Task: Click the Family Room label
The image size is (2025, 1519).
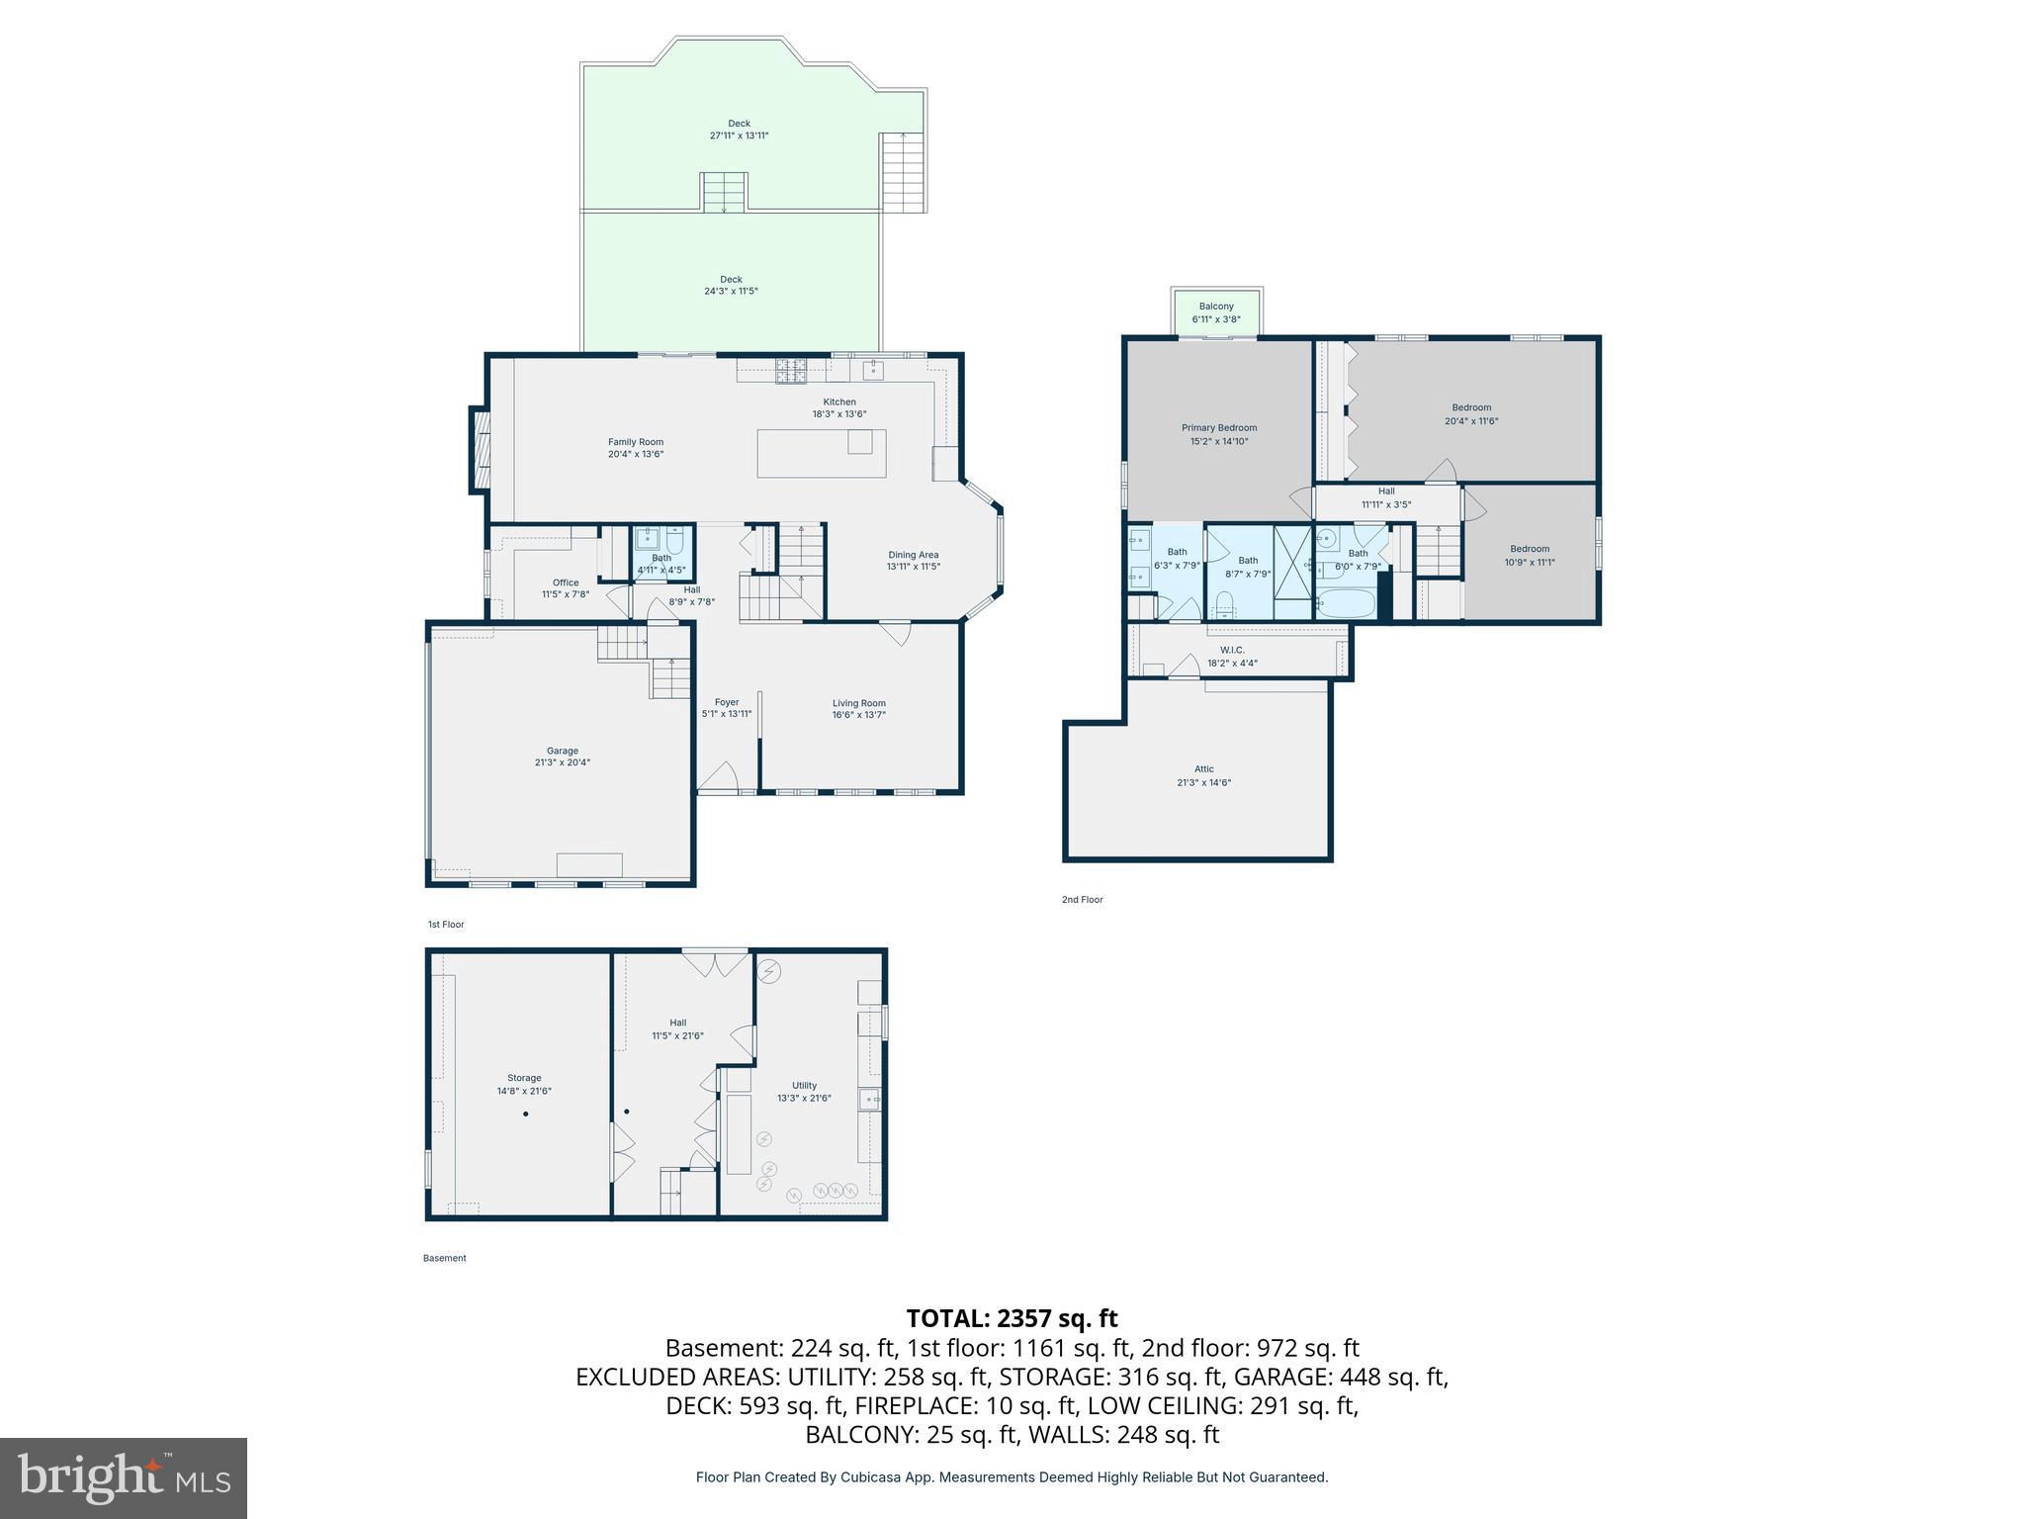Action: coord(635,443)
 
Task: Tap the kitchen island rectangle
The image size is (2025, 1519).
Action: coord(821,454)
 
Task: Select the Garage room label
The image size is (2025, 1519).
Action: coord(563,751)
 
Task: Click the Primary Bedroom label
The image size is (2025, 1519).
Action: coord(1218,428)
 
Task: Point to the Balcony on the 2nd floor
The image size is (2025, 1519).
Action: coord(1216,313)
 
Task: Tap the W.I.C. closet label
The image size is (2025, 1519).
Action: coord(1232,650)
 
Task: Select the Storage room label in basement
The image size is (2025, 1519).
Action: coord(524,1078)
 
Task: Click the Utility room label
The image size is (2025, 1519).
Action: coord(804,1085)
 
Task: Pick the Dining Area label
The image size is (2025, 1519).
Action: coord(913,555)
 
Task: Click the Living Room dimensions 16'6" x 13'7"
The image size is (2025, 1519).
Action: coord(858,715)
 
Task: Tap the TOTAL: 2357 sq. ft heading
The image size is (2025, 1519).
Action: coord(1012,1318)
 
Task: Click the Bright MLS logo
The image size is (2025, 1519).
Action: coord(124,1477)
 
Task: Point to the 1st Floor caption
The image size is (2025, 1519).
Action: coord(445,925)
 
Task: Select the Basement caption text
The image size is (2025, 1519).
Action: coord(444,1258)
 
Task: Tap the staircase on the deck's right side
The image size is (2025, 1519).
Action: coord(904,171)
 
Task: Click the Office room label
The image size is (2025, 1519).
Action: coord(566,582)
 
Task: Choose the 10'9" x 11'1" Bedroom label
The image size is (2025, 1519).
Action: coord(1529,556)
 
